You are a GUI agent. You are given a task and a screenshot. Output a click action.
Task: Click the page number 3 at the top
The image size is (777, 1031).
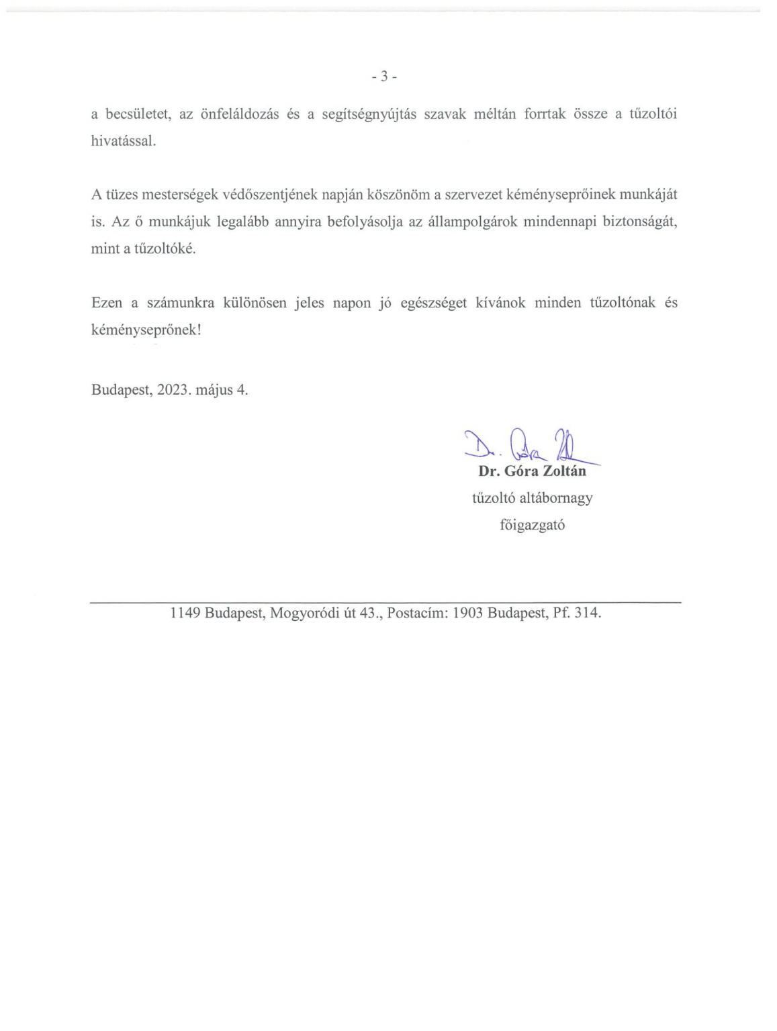coord(384,77)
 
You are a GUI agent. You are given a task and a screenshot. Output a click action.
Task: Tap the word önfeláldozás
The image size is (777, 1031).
coord(240,114)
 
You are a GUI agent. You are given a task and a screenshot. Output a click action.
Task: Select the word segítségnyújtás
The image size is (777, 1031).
coord(369,114)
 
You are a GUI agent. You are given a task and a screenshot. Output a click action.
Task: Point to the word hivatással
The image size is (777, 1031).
coord(124,141)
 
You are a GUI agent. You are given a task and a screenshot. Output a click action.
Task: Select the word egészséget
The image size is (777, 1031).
coord(433,303)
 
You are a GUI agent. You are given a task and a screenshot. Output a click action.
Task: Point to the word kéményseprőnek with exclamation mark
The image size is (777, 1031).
coord(146,330)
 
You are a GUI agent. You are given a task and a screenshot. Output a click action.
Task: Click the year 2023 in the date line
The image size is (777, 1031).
coord(173,390)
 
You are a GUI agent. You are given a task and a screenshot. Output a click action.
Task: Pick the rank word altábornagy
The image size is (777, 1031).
coord(556,498)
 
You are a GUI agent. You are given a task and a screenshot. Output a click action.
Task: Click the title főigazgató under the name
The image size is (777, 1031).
coord(532,525)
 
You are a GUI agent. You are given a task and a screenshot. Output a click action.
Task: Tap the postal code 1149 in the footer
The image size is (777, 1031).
coord(185,613)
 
